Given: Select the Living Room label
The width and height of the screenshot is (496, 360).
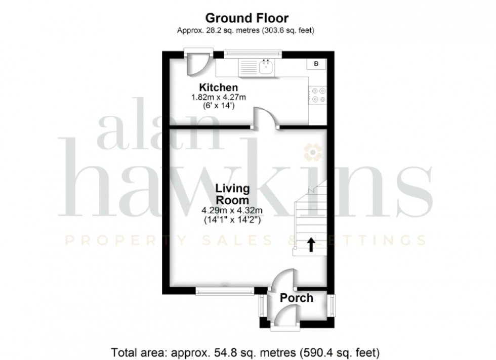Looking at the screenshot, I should coord(233,194).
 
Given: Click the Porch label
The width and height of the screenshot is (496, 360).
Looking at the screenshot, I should coord(297,298).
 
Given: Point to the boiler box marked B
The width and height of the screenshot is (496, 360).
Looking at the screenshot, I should coord(316,64).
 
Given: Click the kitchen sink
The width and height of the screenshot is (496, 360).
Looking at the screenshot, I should coord(266,67).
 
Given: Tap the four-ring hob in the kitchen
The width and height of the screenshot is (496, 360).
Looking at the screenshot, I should coord(318,95).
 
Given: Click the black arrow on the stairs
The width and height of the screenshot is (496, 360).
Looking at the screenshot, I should coord(311,245).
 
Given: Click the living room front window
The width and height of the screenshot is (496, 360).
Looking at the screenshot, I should coord(225,291).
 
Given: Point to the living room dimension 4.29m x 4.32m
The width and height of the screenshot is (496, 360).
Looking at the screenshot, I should coord(233,211).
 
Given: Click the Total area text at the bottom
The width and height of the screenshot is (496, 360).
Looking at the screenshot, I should coord(245,351).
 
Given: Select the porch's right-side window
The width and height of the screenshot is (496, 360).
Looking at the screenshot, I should coord(332,305).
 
